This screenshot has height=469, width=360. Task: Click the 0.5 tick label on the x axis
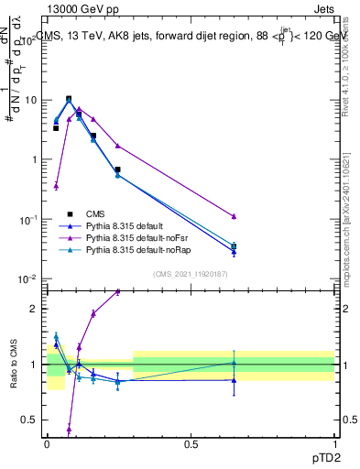[190, 444]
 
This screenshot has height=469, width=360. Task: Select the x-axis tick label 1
[333, 444]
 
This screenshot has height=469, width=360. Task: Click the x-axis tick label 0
[46, 444]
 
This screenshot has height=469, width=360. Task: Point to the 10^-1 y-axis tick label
[28, 219]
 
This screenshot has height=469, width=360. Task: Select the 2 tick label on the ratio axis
[35, 309]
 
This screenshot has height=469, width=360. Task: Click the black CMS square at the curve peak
[69, 99]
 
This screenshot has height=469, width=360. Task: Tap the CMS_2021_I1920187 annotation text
[190, 273]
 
